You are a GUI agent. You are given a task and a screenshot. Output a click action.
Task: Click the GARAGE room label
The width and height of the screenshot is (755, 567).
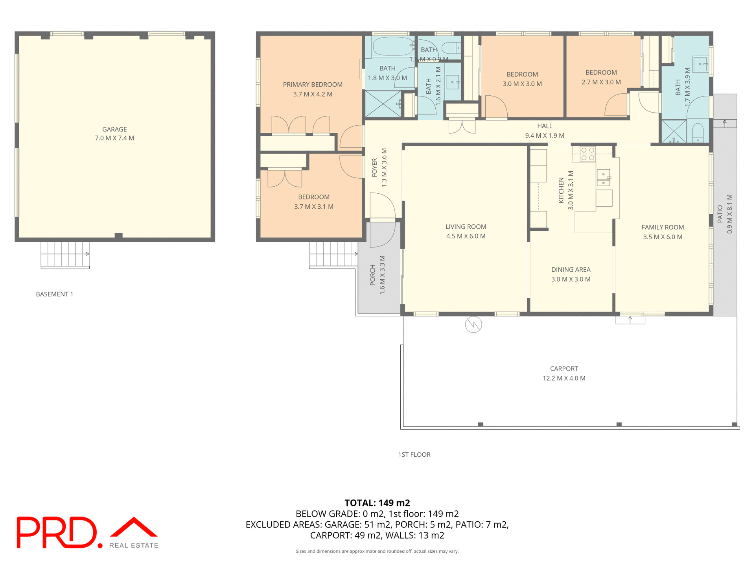114,129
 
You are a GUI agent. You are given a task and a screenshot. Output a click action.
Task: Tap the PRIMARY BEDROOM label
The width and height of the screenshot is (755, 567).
313,85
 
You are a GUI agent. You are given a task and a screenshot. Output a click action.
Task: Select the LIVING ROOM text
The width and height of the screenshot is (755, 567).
466,227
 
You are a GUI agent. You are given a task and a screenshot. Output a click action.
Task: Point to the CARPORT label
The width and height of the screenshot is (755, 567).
564,369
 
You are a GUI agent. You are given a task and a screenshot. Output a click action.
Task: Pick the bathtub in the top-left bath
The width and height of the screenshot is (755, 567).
390,46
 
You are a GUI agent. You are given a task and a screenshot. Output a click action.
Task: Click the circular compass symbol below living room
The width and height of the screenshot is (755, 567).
473,324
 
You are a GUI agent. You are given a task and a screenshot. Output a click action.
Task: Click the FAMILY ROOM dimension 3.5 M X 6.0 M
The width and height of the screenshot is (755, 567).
663,237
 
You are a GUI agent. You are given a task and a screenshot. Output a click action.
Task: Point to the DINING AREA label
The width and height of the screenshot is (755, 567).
571,270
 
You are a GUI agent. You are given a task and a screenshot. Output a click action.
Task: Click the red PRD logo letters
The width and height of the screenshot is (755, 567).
57,532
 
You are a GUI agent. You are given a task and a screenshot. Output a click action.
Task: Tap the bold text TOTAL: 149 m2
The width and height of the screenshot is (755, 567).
377,503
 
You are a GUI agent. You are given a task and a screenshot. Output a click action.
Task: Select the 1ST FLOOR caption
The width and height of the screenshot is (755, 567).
414,454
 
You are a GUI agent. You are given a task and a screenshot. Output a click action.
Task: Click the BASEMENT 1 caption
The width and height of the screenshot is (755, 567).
55,294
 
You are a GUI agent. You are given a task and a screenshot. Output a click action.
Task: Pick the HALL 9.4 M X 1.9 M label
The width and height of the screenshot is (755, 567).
545,131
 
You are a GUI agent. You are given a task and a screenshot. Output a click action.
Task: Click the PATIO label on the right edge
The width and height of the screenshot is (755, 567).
720,214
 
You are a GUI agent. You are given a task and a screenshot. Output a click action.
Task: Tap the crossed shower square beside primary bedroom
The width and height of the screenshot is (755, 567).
383,104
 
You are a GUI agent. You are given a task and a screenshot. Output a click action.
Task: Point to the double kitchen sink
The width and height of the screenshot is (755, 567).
603,177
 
